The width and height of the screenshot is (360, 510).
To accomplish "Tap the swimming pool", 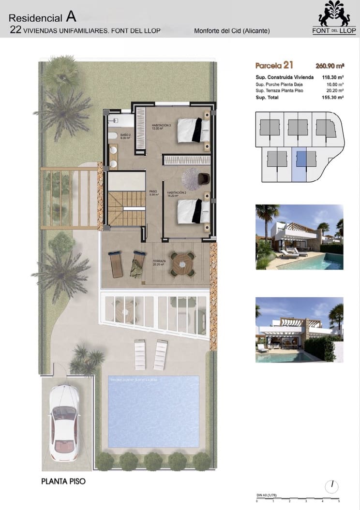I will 153,411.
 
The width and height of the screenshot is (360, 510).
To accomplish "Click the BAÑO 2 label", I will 112,135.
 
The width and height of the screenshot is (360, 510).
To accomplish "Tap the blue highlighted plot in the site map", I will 300,163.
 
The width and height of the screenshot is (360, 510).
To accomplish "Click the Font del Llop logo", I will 334,18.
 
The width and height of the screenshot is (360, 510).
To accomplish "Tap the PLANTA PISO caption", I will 63,481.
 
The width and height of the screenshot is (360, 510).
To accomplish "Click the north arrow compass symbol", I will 333,485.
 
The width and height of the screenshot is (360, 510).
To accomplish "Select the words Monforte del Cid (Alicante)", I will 232,31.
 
